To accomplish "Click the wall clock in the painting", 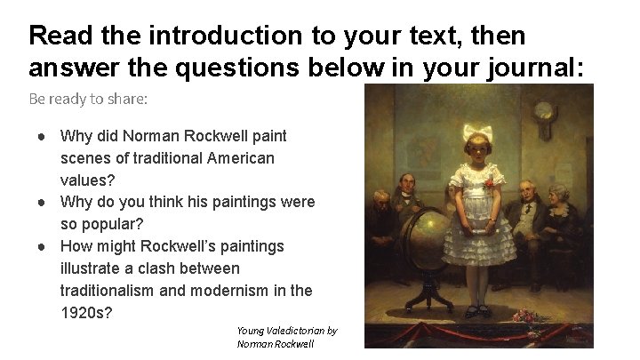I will coord(543,113).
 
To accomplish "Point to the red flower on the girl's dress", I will coord(487,184).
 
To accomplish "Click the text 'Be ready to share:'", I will coord(88,98).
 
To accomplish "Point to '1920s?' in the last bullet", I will coord(86,312).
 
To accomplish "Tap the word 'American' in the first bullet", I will coord(241,157).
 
